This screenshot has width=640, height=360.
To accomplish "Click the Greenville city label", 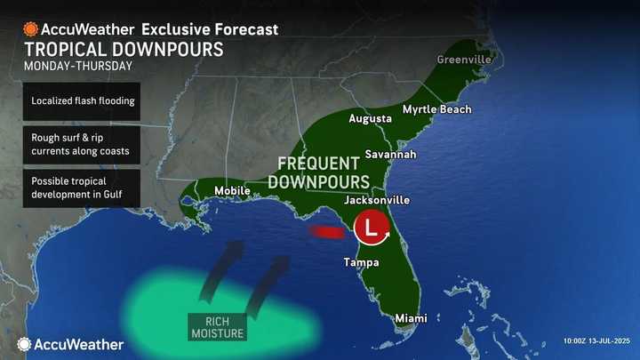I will (463, 60).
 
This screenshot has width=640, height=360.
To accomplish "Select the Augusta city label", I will (371, 118).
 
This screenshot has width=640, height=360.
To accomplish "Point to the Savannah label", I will (390, 154).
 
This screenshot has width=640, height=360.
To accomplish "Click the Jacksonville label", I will (376, 200).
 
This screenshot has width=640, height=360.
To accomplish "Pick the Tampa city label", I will (362, 262).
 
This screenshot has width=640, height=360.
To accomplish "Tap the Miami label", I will (412, 318).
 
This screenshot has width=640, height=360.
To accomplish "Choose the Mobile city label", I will (231, 190).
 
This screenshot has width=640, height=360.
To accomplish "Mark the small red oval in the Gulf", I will (325, 232).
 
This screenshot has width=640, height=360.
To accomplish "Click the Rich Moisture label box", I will (218, 326).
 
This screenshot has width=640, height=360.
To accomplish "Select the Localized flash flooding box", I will (82, 100).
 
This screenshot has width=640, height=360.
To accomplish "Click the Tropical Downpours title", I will (124, 50).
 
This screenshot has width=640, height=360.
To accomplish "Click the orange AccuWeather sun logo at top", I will (31, 29).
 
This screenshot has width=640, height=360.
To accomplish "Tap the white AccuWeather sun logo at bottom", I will (24, 343).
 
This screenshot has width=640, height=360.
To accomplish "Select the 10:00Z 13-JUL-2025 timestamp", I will (597, 341).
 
